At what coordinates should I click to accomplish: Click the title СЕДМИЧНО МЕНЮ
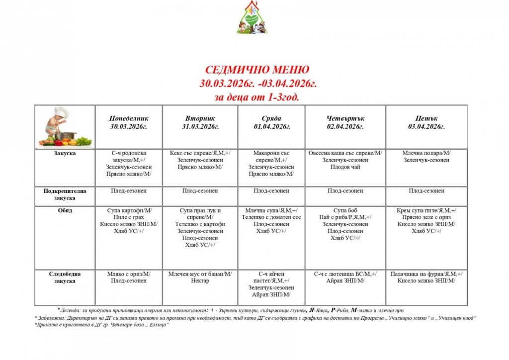coord(257,69)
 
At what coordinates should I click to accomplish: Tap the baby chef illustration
coord(64,127)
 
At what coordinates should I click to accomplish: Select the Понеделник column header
coord(129,122)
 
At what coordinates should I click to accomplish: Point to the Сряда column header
coord(271,122)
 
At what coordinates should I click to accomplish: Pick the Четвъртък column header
coord(345,122)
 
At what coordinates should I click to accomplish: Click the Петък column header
coord(426,122)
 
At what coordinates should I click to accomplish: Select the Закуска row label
coord(65,153)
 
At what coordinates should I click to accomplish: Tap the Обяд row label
coord(65,210)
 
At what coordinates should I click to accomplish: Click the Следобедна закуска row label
coord(65,277)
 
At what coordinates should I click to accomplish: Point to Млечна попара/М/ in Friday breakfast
coord(426,153)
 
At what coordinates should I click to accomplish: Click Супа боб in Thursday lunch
coord(345,210)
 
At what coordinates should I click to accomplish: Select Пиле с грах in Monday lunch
coord(129,217)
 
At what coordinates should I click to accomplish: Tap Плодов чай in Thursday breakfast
coord(345,167)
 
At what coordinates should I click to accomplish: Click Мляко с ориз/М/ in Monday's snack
coord(129,274)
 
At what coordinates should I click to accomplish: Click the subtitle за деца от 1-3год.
coord(257,97)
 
